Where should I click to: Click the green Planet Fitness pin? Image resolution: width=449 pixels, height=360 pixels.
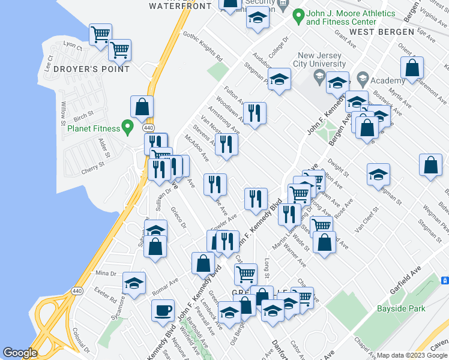tap(127, 127)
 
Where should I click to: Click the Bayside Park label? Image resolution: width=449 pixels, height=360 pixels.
tap(400, 309)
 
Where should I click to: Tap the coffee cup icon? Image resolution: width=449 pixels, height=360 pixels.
tap(162, 311)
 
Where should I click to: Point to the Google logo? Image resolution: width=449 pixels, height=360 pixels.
tap(20, 353)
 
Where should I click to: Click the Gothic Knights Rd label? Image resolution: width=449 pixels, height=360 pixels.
tap(203, 47)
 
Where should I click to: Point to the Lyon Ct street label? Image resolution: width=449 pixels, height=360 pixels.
tap(73, 45)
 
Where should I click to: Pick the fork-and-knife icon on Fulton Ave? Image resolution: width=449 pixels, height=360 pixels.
tap(255, 112)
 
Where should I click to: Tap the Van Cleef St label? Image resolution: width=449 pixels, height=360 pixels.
tap(367, 220)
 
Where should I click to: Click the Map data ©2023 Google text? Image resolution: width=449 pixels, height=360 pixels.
tap(411, 355)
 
